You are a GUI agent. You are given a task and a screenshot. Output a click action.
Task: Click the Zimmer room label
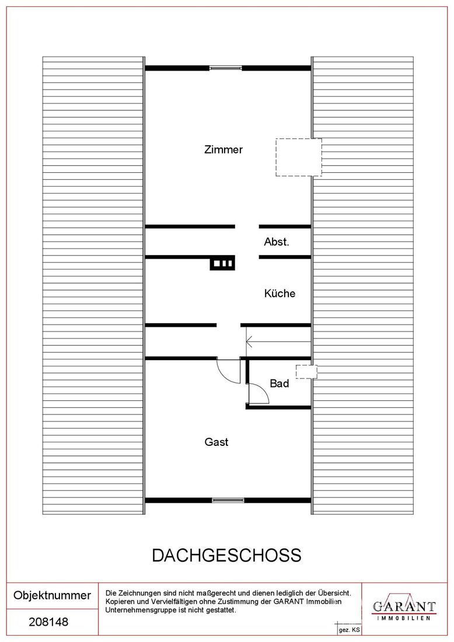pos(223,149)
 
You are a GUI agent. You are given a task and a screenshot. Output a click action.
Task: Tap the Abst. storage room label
pos(277,242)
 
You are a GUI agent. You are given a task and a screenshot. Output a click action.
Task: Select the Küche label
pos(280,293)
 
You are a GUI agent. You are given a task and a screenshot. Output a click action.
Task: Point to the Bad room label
pos(279,383)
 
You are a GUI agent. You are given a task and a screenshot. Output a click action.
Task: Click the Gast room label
pos(216,442)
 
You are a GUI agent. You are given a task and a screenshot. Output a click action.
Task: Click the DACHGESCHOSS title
pos(227,555)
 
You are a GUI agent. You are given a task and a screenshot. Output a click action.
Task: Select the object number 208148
pos(48,622)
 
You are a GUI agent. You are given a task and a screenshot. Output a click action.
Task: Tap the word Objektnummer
pos(52,595)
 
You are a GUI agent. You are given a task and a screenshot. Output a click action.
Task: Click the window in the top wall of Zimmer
pos(226,68)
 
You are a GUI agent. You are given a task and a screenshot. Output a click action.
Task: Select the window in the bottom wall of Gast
pos(228,500)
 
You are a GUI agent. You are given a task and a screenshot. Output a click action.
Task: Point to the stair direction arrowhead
pos(249,341)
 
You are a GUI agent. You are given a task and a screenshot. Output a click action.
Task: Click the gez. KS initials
pos(349,630)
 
